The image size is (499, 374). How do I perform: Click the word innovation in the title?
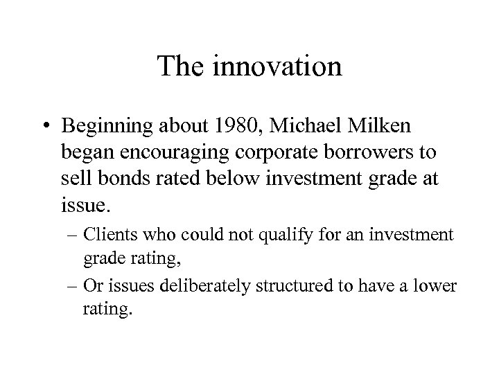click(279, 66)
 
